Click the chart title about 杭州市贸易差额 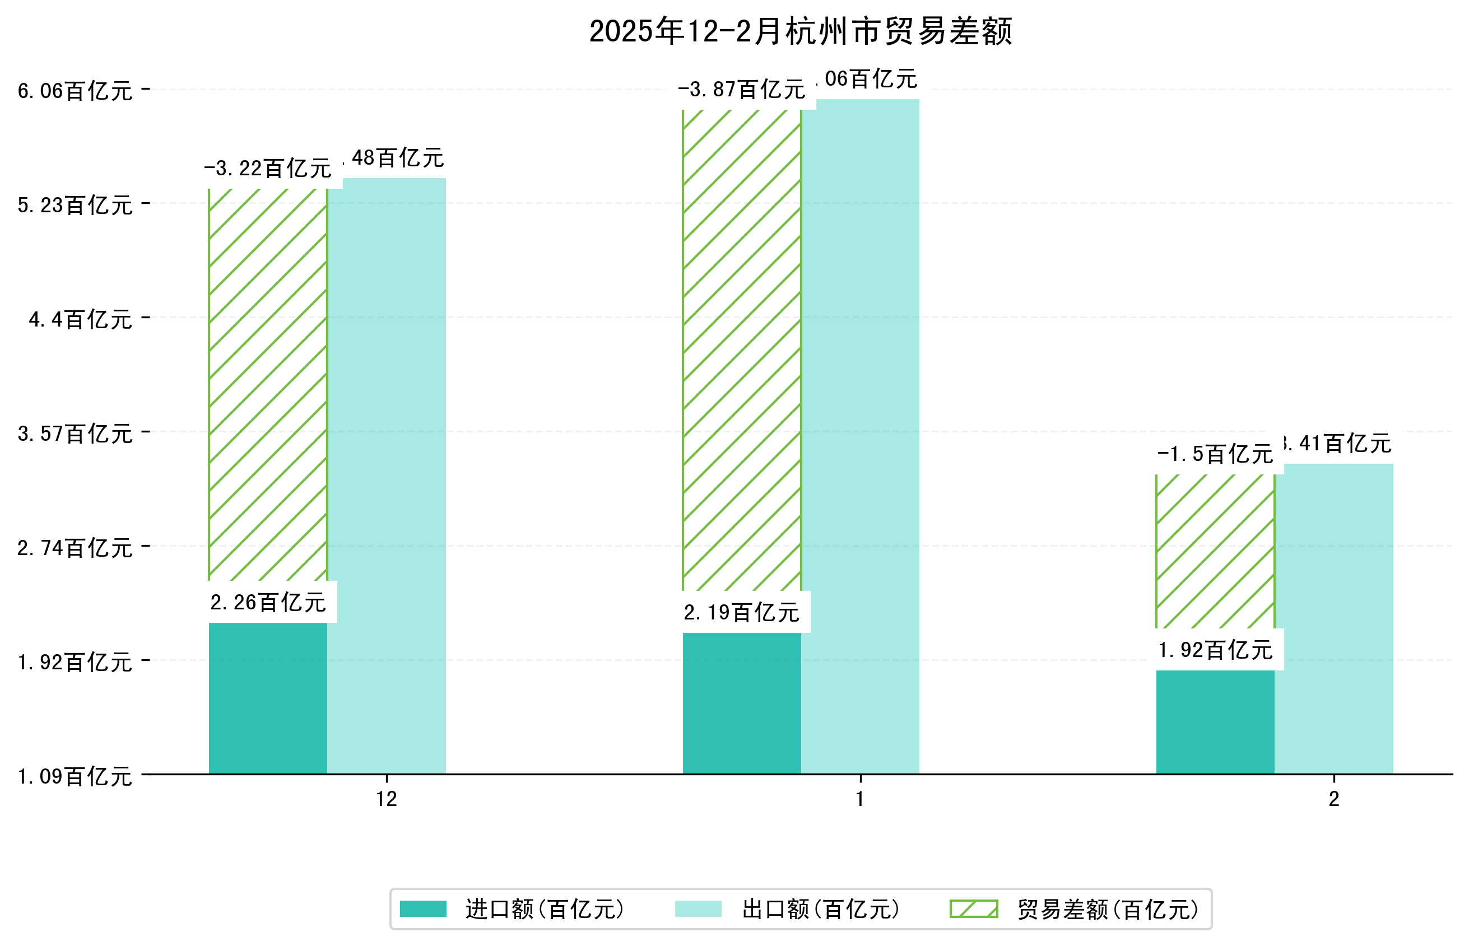pyautogui.click(x=800, y=32)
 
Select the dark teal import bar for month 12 pyautogui.click(x=268, y=698)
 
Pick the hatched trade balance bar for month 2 pyautogui.click(x=1215, y=551)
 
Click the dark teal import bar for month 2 pyautogui.click(x=1215, y=722)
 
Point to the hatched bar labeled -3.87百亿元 pyautogui.click(x=742, y=350)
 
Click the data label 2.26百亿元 pyautogui.click(x=268, y=603)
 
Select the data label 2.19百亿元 pyautogui.click(x=742, y=612)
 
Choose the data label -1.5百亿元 pyautogui.click(x=1215, y=455)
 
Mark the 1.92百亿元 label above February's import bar pyautogui.click(x=1215, y=650)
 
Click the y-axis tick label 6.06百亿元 pyautogui.click(x=75, y=91)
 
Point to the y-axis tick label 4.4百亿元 pyautogui.click(x=81, y=319)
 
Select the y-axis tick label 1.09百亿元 pyautogui.click(x=75, y=776)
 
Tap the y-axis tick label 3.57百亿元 pyautogui.click(x=75, y=434)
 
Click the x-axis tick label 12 pyautogui.click(x=387, y=799)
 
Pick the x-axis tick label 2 pyautogui.click(x=1334, y=799)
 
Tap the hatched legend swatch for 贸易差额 pyautogui.click(x=973, y=909)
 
